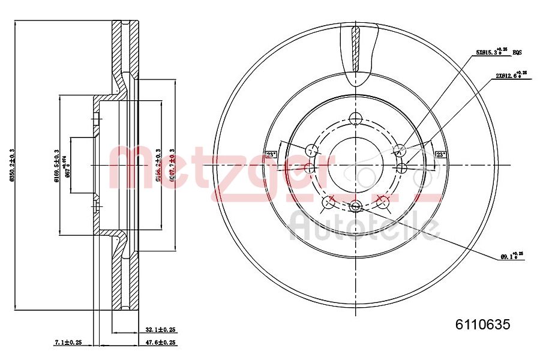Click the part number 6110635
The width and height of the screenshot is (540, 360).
482,325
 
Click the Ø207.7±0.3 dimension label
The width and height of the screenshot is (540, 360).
172,166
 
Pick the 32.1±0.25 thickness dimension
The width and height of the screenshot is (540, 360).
160,329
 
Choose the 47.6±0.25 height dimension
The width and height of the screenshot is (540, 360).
160,343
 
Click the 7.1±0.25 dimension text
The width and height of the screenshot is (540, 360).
68,343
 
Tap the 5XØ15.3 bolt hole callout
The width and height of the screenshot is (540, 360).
491,53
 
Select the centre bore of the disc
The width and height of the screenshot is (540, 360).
355,165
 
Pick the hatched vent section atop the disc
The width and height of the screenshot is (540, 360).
355,48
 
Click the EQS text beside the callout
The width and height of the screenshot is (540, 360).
517,53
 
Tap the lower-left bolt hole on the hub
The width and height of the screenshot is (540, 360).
328,202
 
